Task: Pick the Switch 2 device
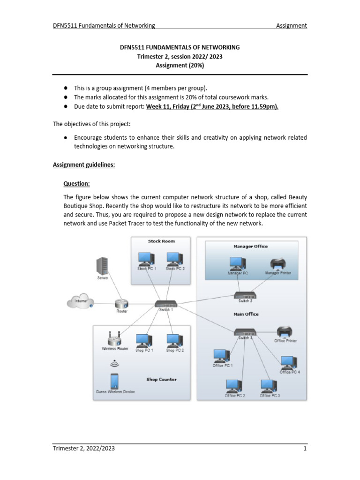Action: (x=246, y=295)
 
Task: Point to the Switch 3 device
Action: (x=246, y=331)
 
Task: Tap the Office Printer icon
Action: (x=285, y=331)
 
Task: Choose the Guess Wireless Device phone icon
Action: (x=114, y=380)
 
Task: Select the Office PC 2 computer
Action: (x=234, y=386)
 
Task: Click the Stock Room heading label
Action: (x=161, y=241)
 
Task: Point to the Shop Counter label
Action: (x=161, y=379)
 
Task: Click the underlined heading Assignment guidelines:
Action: (x=83, y=165)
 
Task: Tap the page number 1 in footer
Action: (x=305, y=449)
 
